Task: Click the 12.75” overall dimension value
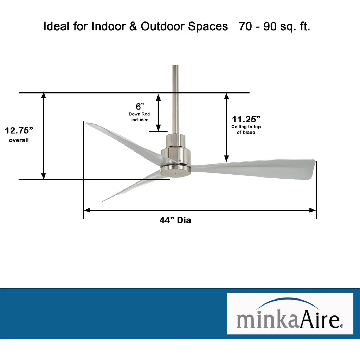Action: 19,130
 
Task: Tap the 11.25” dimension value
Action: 246,119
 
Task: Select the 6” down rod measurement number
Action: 140,107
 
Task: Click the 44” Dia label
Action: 175,220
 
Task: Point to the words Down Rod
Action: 139,114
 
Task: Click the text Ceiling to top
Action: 246,127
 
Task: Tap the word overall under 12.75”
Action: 19,140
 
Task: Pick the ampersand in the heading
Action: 133,26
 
